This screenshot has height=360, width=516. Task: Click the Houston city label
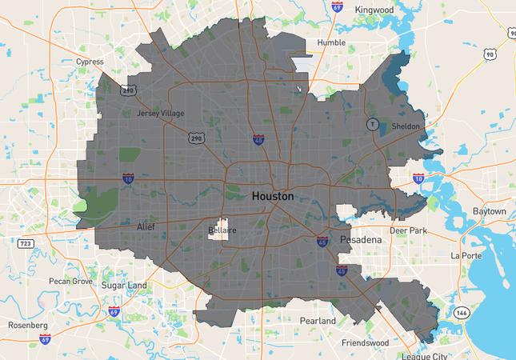pos(272,196)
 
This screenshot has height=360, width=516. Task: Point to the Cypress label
pos(90,62)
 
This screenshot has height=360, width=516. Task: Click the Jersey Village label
pos(160,114)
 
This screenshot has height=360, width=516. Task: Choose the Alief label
pos(146,227)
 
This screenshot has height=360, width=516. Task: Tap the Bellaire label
pos(222,230)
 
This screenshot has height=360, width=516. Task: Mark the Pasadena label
pos(362,239)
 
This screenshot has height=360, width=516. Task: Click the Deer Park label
pos(409,230)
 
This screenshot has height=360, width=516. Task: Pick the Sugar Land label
pos(124,285)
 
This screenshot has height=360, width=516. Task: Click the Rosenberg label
pos(28,326)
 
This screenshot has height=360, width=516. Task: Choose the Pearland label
pos(318,321)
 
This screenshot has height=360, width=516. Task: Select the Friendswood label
pos(364,342)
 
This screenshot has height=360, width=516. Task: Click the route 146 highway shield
pos(462,312)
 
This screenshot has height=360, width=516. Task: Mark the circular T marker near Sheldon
pos(371,124)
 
